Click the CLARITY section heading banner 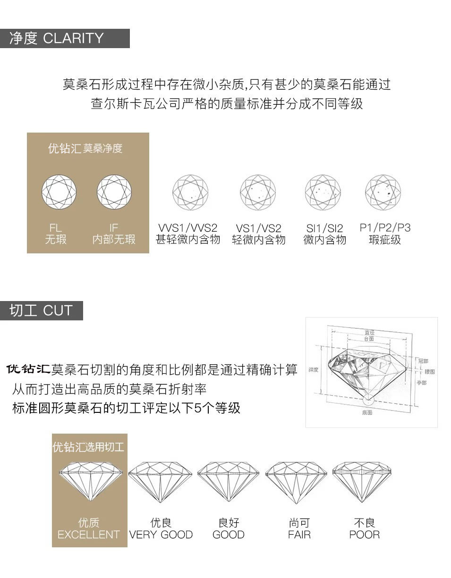tap(65, 38)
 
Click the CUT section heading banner tap(42, 310)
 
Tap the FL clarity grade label tap(56, 228)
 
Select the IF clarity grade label tap(114, 228)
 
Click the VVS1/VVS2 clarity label tap(188, 228)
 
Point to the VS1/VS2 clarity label tap(258, 228)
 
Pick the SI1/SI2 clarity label tap(324, 228)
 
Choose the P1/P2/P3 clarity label tap(385, 228)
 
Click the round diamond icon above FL tap(60, 193)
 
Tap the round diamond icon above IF tap(114, 193)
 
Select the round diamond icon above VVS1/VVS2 tap(190, 193)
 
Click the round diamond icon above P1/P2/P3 tap(383, 193)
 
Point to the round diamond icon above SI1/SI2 tap(323, 193)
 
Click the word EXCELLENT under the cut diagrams tap(89, 535)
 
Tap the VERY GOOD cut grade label tap(161, 535)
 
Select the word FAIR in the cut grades tap(299, 535)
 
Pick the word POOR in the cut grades tap(364, 535)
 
